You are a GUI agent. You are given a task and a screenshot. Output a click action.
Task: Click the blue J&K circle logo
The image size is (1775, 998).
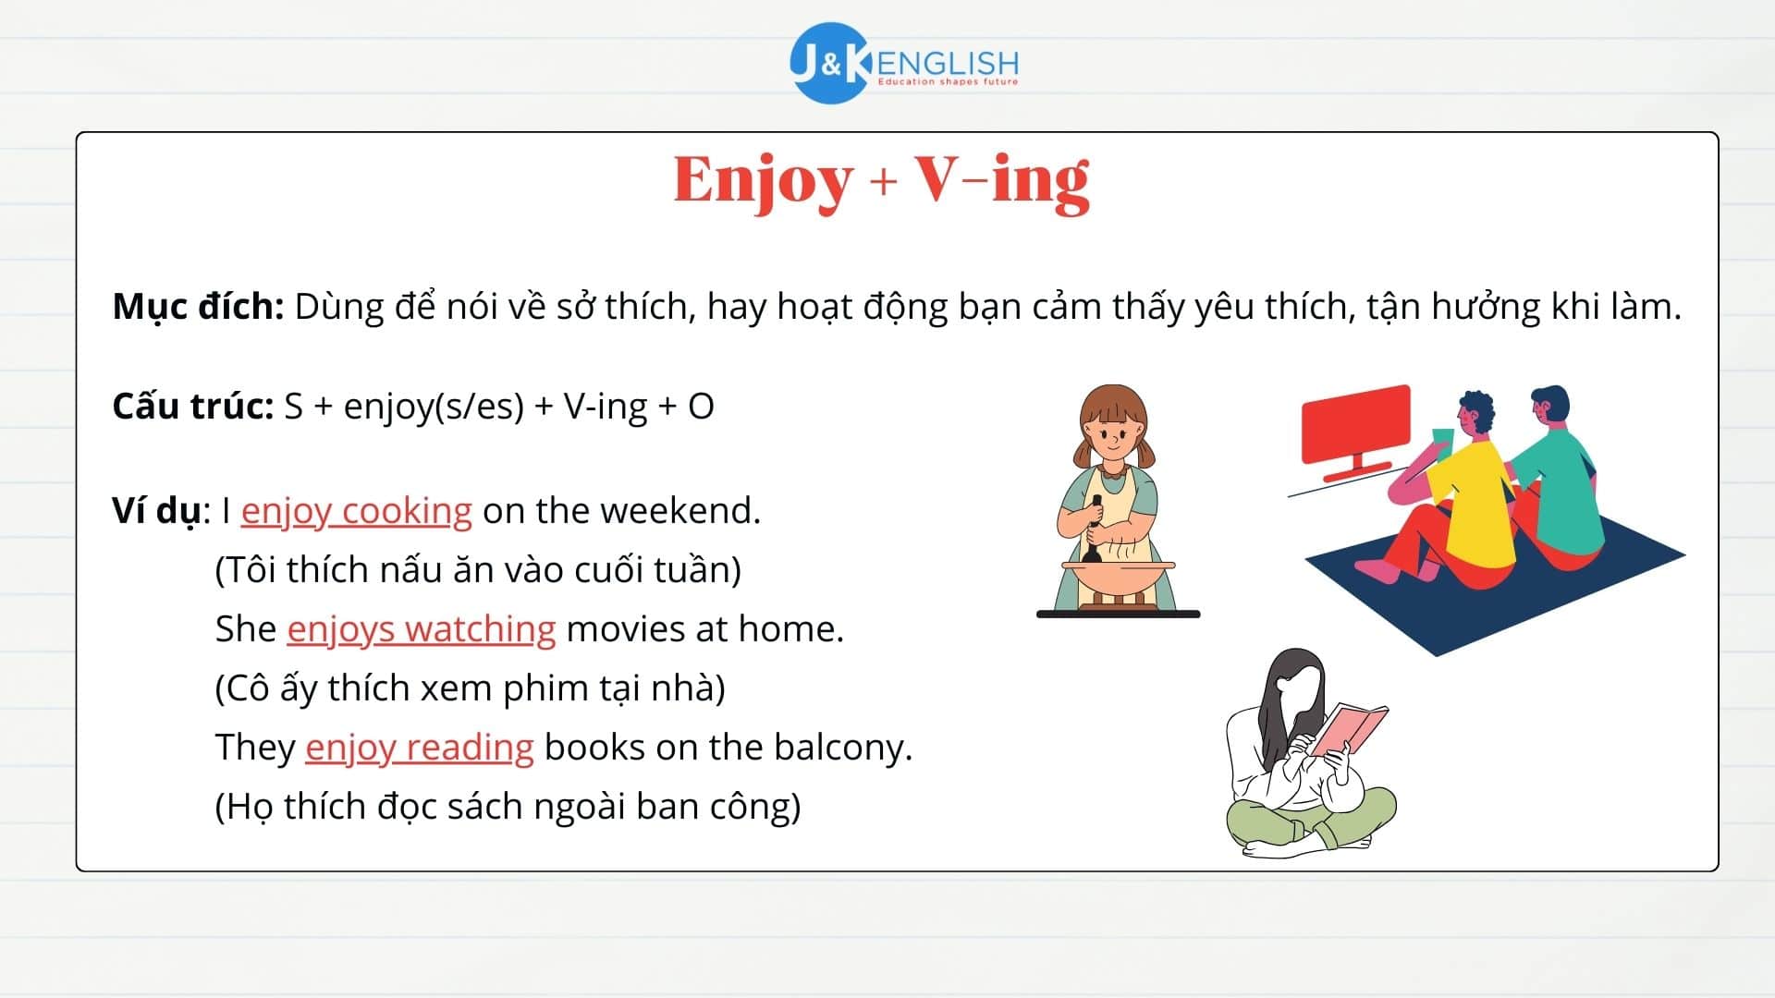click(829, 63)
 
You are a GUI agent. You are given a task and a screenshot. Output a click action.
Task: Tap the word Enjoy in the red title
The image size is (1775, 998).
click(763, 180)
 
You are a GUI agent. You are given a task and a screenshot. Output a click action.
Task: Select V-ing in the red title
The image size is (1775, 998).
click(1002, 180)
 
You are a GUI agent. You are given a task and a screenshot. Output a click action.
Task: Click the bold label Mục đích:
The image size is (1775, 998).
click(198, 307)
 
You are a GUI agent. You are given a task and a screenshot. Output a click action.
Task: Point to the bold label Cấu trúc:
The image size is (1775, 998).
click(192, 407)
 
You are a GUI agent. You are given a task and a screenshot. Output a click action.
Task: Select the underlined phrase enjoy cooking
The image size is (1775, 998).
click(356, 511)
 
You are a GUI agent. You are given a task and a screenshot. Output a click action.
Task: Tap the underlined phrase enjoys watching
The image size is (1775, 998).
click(421, 629)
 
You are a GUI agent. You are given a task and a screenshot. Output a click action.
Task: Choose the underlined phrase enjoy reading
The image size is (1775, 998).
click(419, 748)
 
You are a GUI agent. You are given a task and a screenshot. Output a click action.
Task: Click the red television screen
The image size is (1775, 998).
click(1355, 425)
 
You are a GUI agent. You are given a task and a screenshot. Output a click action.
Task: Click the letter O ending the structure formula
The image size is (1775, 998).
click(701, 407)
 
